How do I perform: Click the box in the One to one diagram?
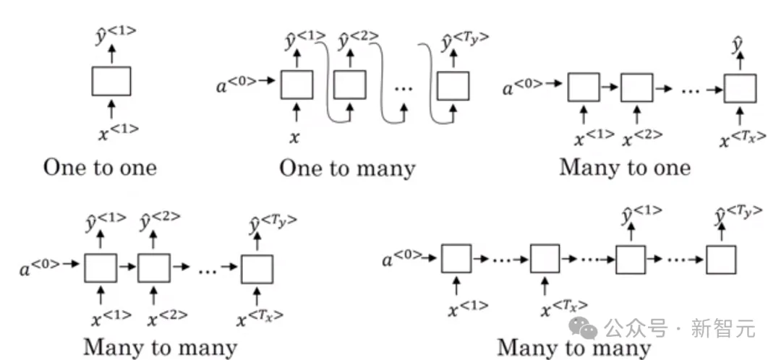(111, 81)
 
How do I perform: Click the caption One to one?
(100, 168)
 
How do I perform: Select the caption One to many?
(347, 168)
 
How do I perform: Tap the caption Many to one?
(625, 168)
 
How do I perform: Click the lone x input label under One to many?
(294, 135)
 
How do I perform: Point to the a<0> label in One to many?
(236, 85)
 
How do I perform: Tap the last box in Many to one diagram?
(740, 88)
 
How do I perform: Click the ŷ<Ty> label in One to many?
(460, 43)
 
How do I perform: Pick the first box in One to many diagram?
(296, 85)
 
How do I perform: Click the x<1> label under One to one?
(118, 132)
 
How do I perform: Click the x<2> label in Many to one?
(642, 135)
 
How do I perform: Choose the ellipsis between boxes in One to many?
(404, 88)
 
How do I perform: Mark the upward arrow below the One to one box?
(111, 108)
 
